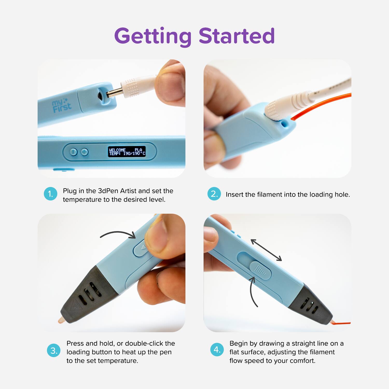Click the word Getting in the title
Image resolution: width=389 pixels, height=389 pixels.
click(152, 36)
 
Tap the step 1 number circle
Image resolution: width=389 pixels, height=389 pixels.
click(51, 194)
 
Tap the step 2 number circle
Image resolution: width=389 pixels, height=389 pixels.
click(214, 194)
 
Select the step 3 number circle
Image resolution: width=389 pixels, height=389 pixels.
click(54, 350)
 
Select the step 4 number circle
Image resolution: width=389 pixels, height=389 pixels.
click(217, 350)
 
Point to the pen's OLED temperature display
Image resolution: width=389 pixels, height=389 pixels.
click(127, 152)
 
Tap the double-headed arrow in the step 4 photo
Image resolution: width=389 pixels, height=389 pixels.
click(266, 250)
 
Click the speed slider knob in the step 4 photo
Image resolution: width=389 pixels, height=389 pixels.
click(260, 270)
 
